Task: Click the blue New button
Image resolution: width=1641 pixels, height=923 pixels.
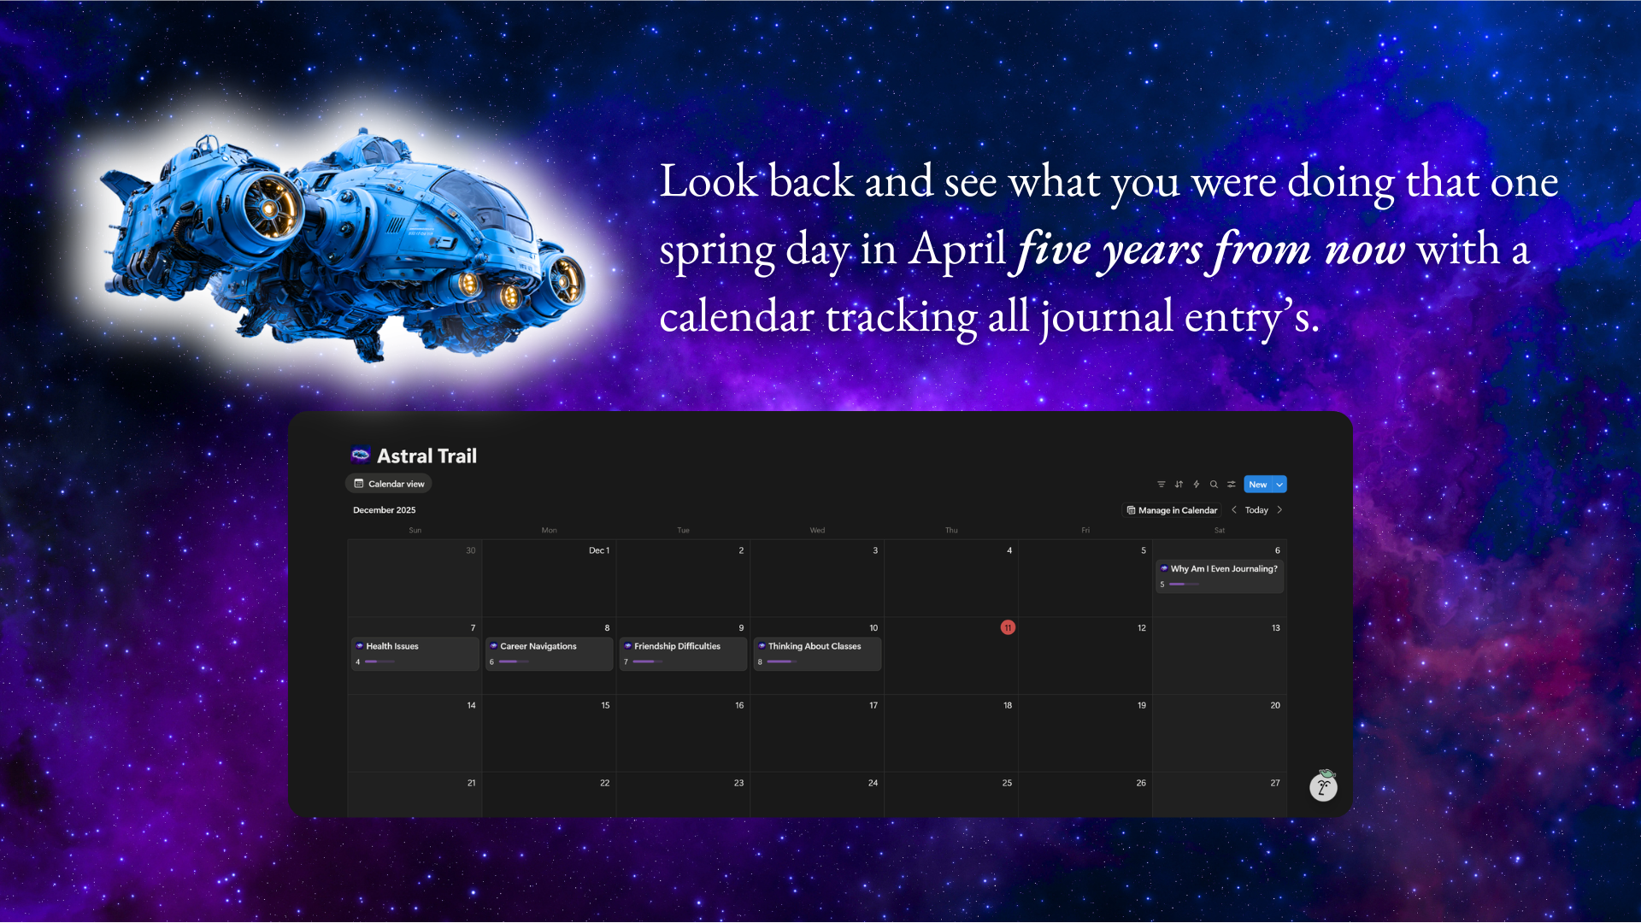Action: pyautogui.click(x=1257, y=485)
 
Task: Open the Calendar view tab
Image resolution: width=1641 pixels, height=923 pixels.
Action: pyautogui.click(x=389, y=484)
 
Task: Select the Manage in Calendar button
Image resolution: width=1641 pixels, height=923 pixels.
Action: pyautogui.click(x=1172, y=510)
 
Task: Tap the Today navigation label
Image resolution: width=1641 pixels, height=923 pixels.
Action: pyautogui.click(x=1256, y=510)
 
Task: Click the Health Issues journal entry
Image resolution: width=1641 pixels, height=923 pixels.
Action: pyautogui.click(x=415, y=654)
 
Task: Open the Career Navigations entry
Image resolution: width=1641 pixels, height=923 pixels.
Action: pyautogui.click(x=550, y=654)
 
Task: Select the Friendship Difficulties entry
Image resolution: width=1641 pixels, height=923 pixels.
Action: pyautogui.click(x=684, y=654)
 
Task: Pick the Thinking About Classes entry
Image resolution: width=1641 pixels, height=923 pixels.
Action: pyautogui.click(x=817, y=654)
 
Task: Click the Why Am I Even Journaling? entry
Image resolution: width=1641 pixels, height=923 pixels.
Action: pyautogui.click(x=1220, y=576)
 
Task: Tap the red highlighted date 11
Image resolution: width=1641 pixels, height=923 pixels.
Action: pyautogui.click(x=1008, y=627)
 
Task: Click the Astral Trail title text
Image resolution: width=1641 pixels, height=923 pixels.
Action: pyautogui.click(x=427, y=456)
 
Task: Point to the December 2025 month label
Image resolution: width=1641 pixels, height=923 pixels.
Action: pyautogui.click(x=385, y=510)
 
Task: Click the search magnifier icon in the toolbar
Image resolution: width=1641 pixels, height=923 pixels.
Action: pyautogui.click(x=1214, y=485)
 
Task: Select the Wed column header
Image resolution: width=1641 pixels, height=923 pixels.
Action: pyautogui.click(x=817, y=531)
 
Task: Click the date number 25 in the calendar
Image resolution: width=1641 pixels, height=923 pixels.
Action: pyautogui.click(x=1007, y=783)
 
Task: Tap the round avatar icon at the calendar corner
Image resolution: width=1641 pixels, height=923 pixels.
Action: pyautogui.click(x=1324, y=786)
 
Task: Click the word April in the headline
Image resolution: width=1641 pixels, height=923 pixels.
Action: pyautogui.click(x=956, y=250)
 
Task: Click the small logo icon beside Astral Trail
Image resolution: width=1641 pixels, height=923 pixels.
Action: pyautogui.click(x=360, y=455)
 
